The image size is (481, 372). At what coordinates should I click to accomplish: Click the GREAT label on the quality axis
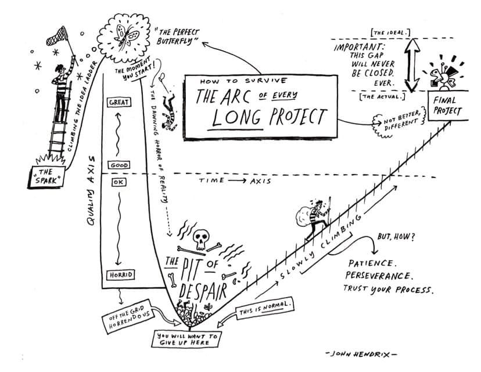[119, 102]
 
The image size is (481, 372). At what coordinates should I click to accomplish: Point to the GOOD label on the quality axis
[119, 165]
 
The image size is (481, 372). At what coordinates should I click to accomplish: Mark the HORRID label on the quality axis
[122, 274]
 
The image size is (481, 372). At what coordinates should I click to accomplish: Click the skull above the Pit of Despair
[202, 237]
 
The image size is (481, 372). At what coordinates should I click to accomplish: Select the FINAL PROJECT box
[448, 105]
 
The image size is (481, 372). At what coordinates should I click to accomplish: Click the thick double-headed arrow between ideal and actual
[410, 63]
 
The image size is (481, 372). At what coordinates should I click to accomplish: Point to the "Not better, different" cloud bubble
[396, 122]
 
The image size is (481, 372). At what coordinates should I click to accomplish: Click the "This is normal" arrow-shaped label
[265, 308]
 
